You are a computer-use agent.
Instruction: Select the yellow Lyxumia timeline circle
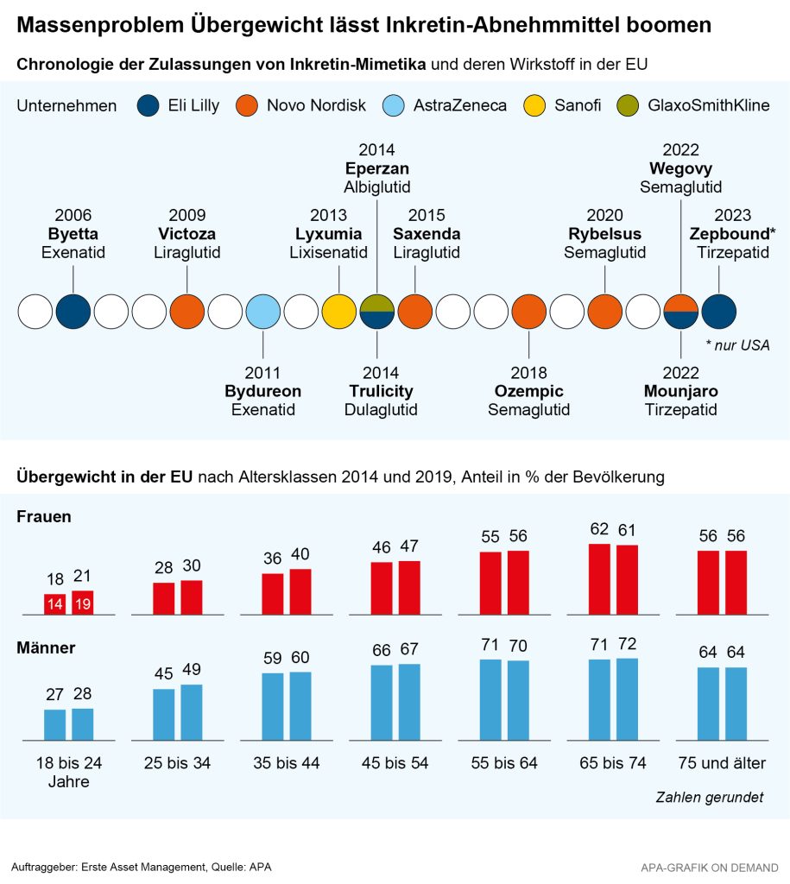point(338,312)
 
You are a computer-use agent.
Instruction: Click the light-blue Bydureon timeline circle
point(262,312)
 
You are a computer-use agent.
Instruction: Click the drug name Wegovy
point(681,167)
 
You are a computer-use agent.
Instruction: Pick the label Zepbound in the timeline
point(729,234)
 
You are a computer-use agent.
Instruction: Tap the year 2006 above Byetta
point(73,215)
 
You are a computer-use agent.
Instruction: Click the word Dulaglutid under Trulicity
point(381,410)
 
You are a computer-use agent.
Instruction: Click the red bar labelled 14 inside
point(55,604)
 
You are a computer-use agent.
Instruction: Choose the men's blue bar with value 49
point(192,712)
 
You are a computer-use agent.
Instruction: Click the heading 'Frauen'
point(43,516)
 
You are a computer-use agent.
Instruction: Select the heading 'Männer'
point(45,647)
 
